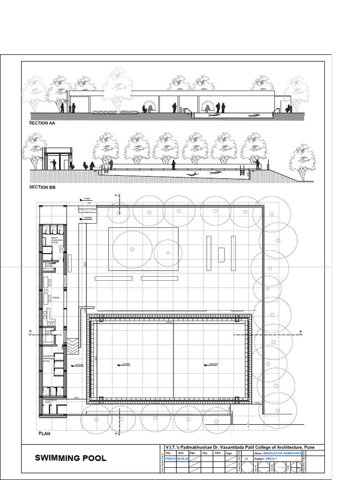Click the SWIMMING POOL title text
[x=70, y=458]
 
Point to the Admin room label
[x=55, y=297]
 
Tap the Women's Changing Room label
[x=50, y=359]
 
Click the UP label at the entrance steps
[x=89, y=203]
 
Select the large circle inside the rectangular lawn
[x=133, y=249]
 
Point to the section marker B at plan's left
[x=30, y=331]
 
